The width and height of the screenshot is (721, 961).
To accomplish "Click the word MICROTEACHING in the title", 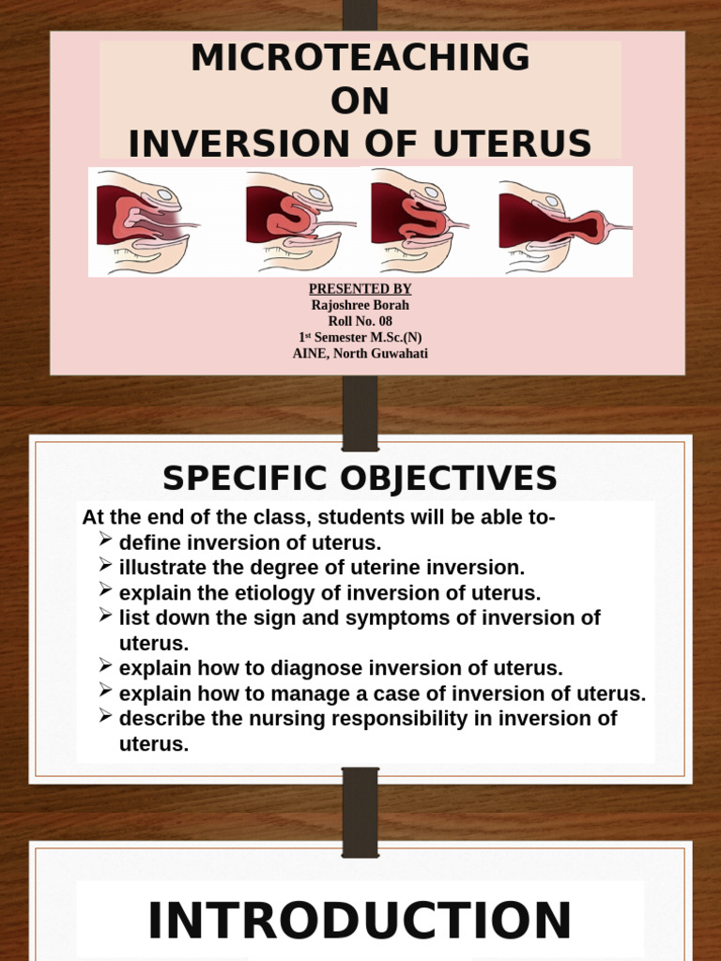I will point(360,59).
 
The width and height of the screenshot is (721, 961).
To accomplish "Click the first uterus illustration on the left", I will point(145,221).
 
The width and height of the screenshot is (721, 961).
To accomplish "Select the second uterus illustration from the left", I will point(296,222).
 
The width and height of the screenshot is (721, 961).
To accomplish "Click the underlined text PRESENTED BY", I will point(360,289).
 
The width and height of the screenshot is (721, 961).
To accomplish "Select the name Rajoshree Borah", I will point(360,305).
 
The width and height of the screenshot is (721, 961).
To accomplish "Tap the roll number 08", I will point(384,321).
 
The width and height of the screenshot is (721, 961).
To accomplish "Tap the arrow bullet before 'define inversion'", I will point(105,541).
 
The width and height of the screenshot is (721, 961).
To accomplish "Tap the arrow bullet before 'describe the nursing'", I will point(105,717).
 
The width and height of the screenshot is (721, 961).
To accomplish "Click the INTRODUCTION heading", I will point(360,920).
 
